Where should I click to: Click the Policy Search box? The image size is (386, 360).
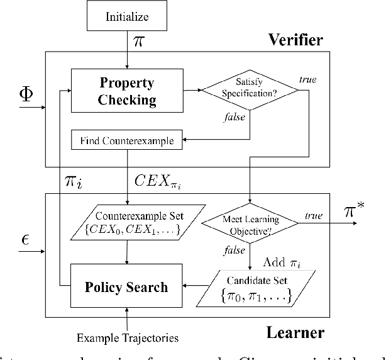[x=127, y=287]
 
